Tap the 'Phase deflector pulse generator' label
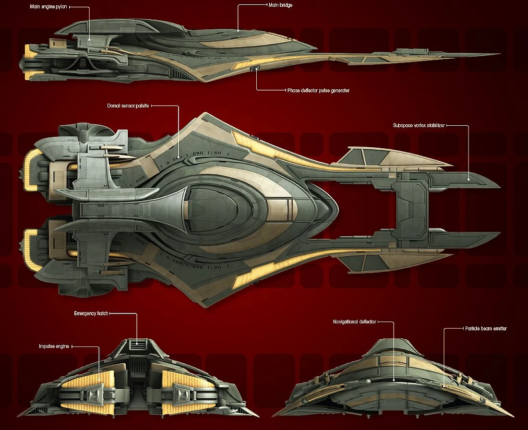click(318, 90)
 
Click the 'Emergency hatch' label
click(91, 313)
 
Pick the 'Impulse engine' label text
click(55, 346)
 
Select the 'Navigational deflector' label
click(354, 322)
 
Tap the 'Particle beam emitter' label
click(486, 329)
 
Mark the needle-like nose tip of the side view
click(497, 54)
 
